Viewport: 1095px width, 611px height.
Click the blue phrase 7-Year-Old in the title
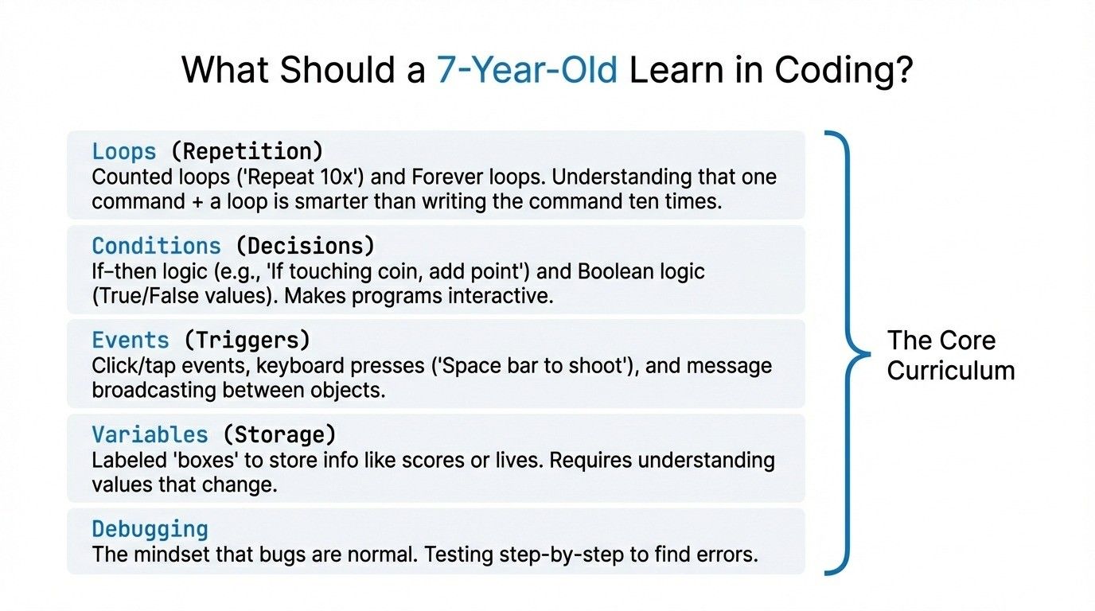click(x=527, y=71)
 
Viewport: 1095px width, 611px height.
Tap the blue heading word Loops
click(x=123, y=151)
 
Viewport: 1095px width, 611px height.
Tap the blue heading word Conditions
click(x=156, y=245)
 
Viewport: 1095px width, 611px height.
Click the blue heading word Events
click(x=131, y=341)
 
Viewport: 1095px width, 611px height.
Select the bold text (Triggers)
click(x=247, y=341)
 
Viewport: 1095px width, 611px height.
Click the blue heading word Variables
click(x=150, y=434)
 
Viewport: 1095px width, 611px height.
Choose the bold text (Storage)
click(x=279, y=434)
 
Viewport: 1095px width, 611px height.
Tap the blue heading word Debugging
click(x=150, y=529)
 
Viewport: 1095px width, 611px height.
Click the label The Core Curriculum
click(x=950, y=355)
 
